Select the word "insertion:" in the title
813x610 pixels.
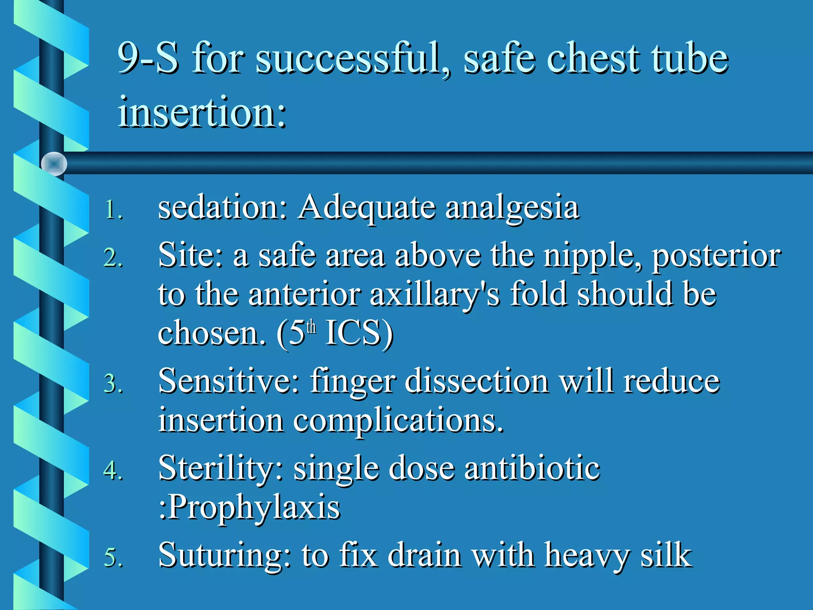[x=202, y=112]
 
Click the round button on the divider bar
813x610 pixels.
[x=54, y=164]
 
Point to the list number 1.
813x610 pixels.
[x=113, y=210]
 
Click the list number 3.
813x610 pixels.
[x=113, y=384]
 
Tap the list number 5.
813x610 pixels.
[x=113, y=557]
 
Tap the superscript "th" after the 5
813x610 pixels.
[x=312, y=327]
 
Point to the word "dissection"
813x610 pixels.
[x=477, y=381]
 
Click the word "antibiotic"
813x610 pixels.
[x=532, y=468]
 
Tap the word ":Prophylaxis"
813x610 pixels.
[x=249, y=508]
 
